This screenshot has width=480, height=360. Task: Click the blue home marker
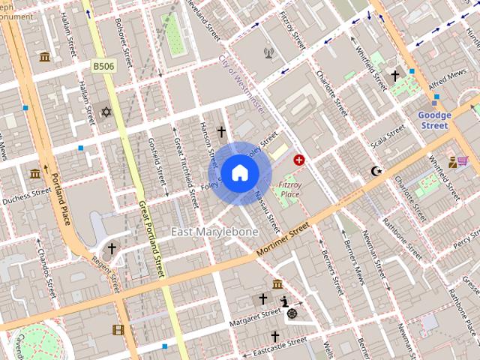coord(239,173)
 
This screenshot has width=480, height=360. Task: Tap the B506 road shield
coord(103,67)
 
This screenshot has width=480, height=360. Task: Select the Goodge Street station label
coord(434,121)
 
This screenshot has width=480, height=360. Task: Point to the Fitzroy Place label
coord(289,189)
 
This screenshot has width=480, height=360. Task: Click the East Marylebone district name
coord(214,232)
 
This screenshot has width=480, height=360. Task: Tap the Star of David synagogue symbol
coord(106,112)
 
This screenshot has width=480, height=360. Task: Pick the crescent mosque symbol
coord(376,171)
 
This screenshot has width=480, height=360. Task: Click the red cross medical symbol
coord(299,160)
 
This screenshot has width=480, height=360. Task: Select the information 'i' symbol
coord(285,301)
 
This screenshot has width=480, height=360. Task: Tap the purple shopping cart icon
coord(463,160)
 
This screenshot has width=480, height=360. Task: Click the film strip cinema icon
coord(118,329)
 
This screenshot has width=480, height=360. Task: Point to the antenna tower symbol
coord(268,52)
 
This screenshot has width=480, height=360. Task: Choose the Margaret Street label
coord(255,319)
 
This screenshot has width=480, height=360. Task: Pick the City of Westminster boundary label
coord(241,82)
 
